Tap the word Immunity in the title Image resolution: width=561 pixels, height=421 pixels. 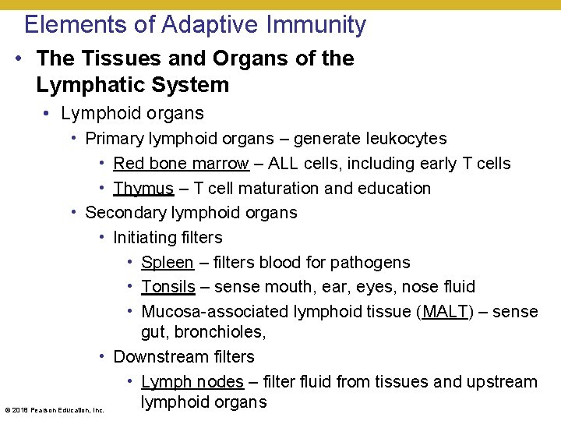coord(316,24)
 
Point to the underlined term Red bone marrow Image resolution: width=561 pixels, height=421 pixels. coord(181,164)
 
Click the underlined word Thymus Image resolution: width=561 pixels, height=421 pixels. coord(143,189)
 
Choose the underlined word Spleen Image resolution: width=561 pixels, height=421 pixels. coord(167,263)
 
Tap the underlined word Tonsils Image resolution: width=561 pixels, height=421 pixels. coord(168,287)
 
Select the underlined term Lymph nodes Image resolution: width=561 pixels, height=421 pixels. coord(192,382)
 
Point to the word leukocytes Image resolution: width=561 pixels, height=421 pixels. coord(403,139)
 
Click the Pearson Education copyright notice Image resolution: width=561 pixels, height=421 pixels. coord(55,409)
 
